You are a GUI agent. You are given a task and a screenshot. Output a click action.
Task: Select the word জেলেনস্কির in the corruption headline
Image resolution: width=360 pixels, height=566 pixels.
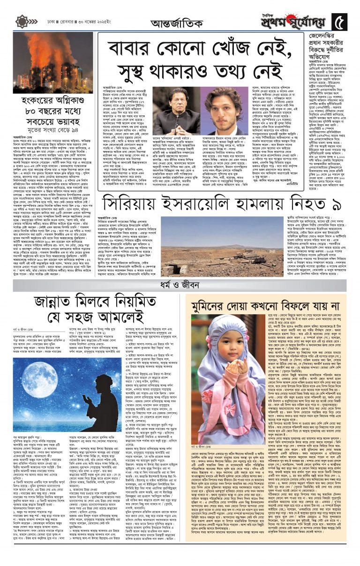tap(327, 37)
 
